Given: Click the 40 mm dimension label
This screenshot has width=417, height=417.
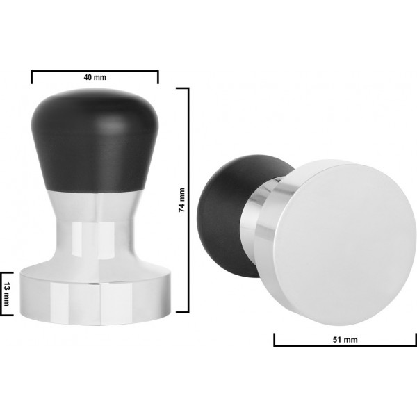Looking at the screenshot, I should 95,76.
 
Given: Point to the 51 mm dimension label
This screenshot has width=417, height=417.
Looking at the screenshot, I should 345,339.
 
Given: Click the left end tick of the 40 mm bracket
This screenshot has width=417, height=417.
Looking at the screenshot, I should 32,76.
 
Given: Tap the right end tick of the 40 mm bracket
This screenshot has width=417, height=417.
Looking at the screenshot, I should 158,76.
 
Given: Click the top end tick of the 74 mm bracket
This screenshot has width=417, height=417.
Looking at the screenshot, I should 183,88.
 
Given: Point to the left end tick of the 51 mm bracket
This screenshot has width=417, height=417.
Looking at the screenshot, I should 275,340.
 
